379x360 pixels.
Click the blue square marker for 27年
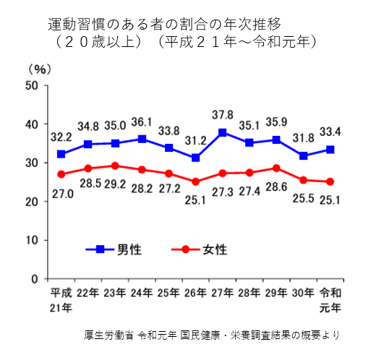[x=222, y=132]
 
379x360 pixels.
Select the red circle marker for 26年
[x=195, y=181]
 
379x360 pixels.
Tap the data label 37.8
[x=223, y=115]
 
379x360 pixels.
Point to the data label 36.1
[x=142, y=122]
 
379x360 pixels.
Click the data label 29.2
[x=115, y=184]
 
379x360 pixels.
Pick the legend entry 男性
[x=114, y=249]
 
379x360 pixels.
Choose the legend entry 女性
[x=200, y=249]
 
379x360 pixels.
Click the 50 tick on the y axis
[x=32, y=85]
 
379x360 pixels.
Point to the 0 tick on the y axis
[x=35, y=279]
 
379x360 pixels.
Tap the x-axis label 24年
[x=142, y=293]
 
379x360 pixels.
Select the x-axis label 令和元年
[x=330, y=300]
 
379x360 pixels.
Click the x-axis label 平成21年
[x=61, y=300]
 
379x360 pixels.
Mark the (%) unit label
[x=40, y=69]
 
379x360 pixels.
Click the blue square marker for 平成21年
[x=61, y=154]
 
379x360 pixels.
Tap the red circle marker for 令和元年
[x=330, y=181]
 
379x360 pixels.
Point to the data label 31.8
[x=303, y=138]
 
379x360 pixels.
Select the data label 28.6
[x=276, y=187]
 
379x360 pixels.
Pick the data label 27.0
[x=63, y=194]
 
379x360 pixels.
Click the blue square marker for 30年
[x=303, y=155]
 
